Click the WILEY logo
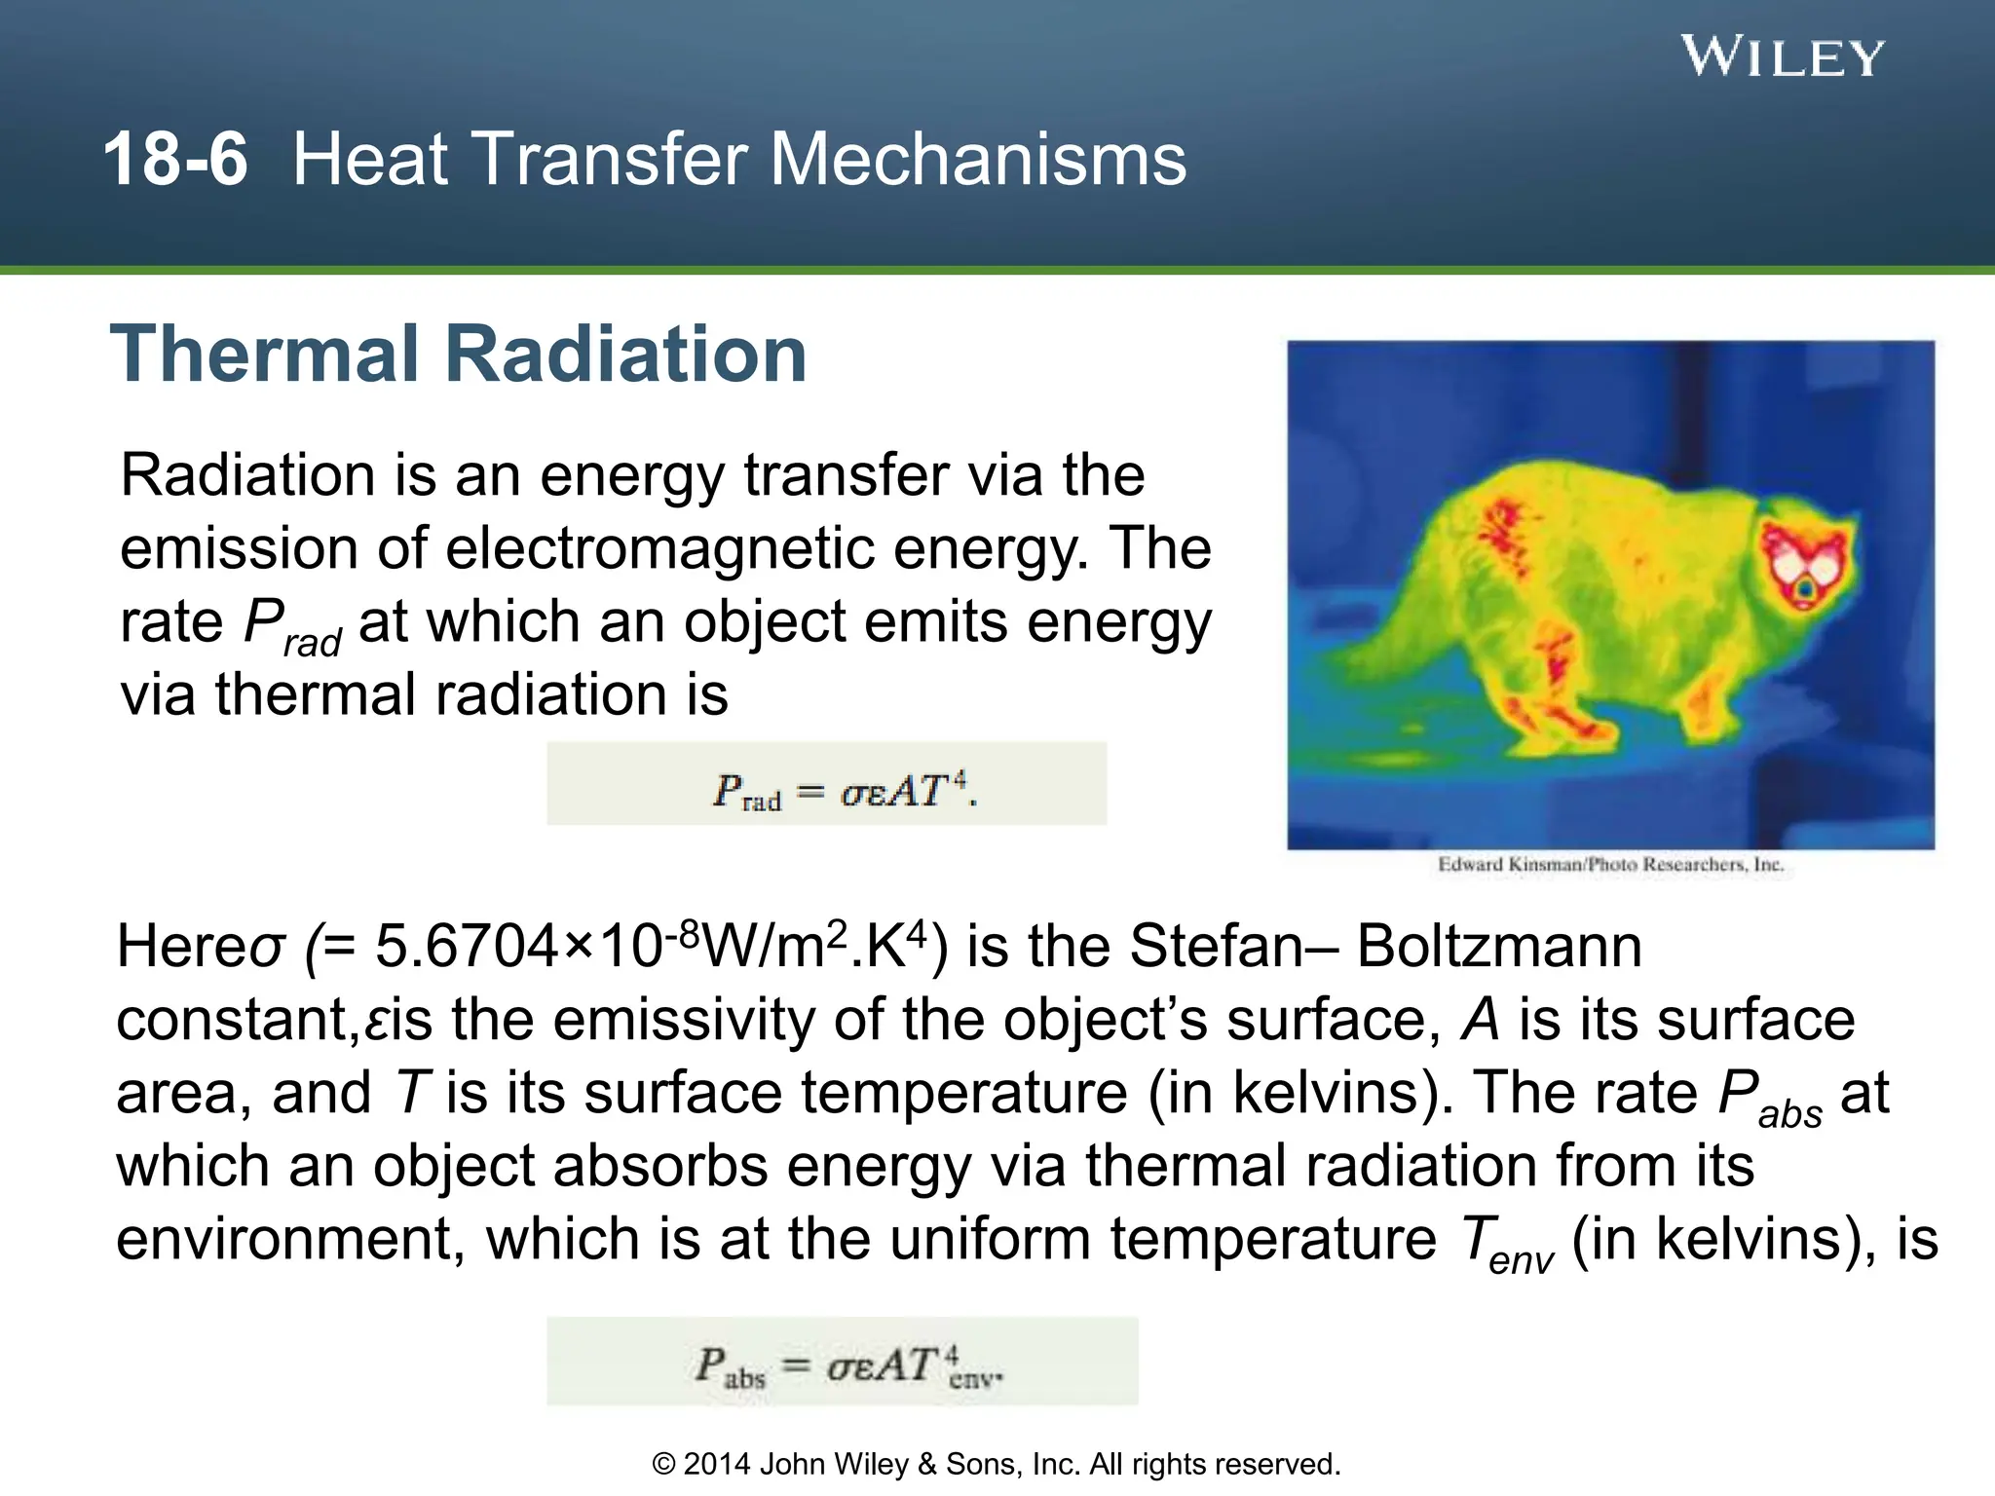[x=1783, y=57]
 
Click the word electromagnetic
[x=661, y=547]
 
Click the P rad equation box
[x=826, y=784]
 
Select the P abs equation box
[x=842, y=1362]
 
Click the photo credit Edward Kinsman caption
[x=1610, y=865]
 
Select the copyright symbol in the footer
[x=663, y=1464]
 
